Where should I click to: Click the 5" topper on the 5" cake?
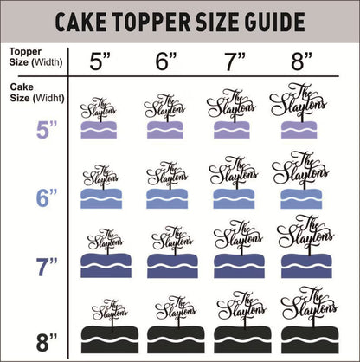102,108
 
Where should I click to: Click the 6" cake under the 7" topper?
234,197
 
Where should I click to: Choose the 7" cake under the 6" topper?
168,264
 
